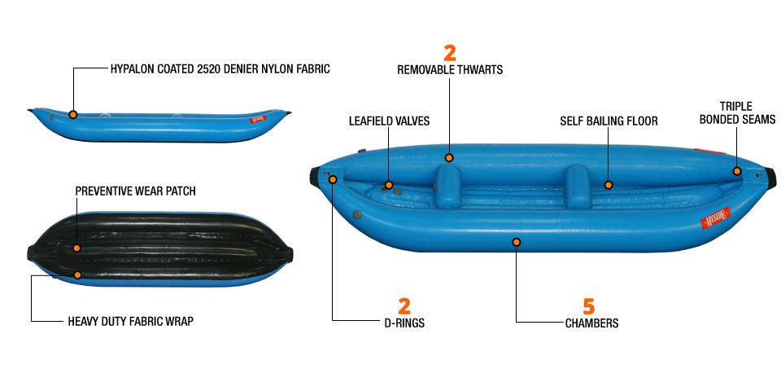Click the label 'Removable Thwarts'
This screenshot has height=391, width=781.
point(450,70)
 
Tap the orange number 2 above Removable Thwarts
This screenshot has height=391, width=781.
point(450,54)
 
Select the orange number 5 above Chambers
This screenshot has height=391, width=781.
point(589,307)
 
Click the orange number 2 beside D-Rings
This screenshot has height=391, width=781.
point(404,307)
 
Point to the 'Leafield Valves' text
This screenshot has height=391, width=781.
point(389,121)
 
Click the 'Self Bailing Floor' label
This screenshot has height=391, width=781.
point(609,121)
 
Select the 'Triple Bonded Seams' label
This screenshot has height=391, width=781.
point(737,113)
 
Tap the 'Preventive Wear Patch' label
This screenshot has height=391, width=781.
point(136,191)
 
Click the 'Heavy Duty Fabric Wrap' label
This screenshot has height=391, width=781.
point(130,321)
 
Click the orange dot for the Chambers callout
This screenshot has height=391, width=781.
point(517,243)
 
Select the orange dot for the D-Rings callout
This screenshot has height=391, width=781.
point(333,179)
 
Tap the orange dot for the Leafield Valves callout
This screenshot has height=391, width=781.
point(389,185)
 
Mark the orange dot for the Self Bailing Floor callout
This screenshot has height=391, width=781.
point(609,185)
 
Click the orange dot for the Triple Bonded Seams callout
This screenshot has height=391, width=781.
point(737,171)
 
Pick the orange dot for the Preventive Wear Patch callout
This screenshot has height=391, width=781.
point(76,248)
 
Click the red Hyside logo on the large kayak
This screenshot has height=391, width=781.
point(716,218)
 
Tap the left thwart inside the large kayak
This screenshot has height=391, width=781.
point(448,186)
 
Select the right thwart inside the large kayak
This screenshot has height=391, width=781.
point(578,186)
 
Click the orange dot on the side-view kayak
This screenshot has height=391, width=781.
point(73,115)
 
